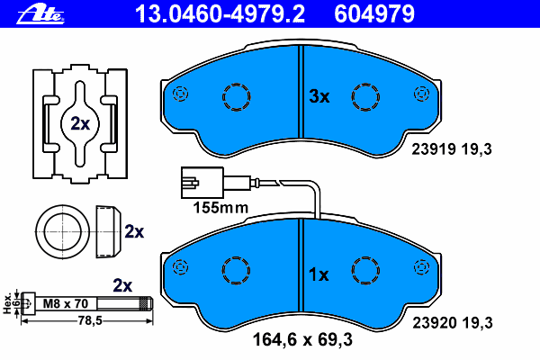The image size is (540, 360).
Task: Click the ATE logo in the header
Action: point(40,14)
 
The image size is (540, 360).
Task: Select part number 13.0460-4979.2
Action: point(220,14)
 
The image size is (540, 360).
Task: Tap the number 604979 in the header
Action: point(374,14)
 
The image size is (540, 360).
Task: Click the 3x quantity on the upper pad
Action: point(319,96)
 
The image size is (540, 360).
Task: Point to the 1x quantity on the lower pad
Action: point(319,274)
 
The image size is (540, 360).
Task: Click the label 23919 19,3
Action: point(452,149)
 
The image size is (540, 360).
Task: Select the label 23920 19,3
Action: point(453,323)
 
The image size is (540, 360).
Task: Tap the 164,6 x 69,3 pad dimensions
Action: point(302,339)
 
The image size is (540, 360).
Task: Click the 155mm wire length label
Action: point(220,208)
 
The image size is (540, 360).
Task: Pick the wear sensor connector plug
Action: point(202,183)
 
